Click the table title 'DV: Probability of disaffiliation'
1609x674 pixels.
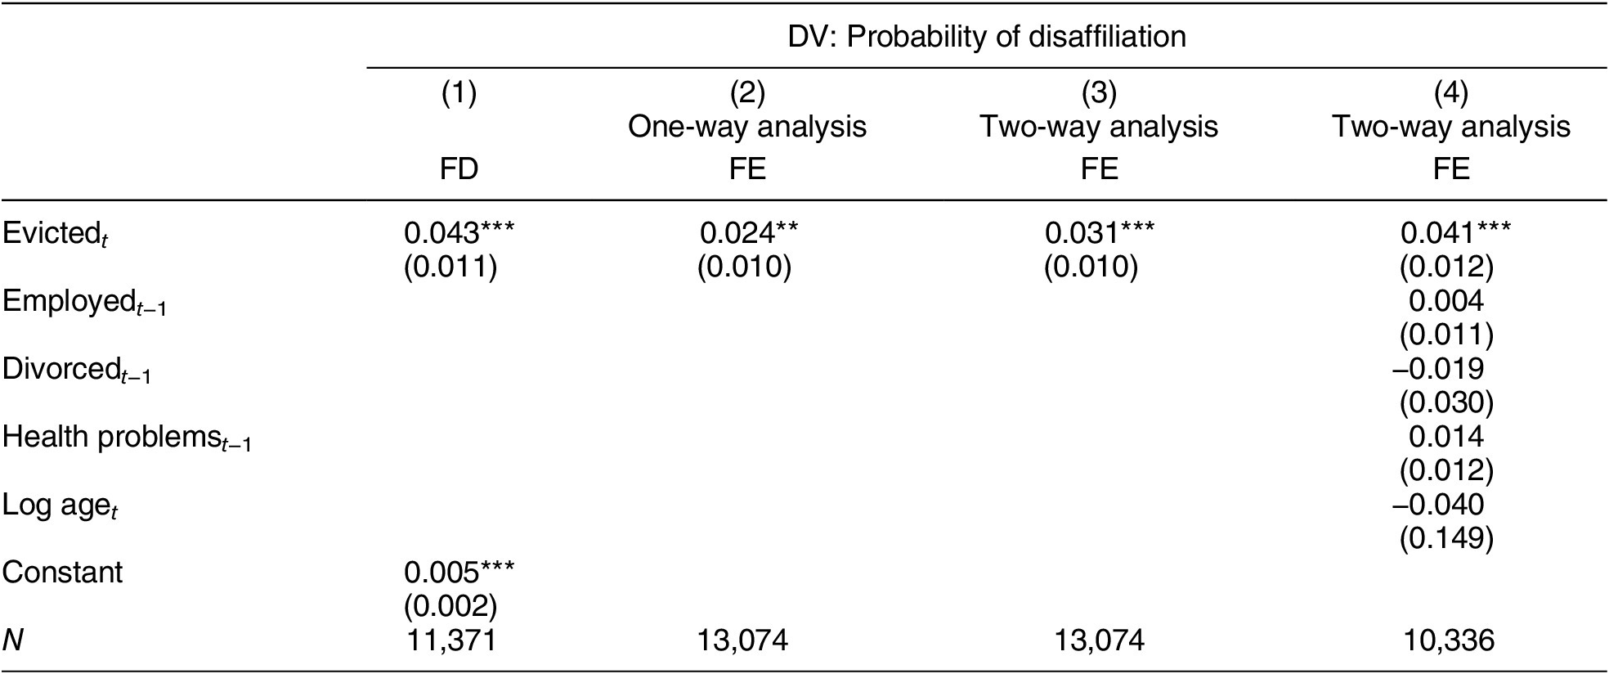coord(987,37)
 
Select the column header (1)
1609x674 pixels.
coord(459,94)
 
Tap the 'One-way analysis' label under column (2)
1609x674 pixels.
coord(746,127)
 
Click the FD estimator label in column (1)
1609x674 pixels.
coord(459,168)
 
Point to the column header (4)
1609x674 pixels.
coord(1451,94)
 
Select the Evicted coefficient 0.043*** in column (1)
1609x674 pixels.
coord(459,234)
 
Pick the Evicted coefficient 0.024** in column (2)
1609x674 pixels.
coord(748,234)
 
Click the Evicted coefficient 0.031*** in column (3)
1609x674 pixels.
coord(1099,234)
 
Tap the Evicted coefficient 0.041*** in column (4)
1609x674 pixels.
coord(1455,234)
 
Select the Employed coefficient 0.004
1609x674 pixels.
coord(1445,301)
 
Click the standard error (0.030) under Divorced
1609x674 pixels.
coord(1446,402)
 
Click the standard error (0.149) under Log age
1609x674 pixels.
coord(1446,537)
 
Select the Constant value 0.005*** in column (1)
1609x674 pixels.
coord(459,572)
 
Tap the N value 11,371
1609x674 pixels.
coord(451,640)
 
